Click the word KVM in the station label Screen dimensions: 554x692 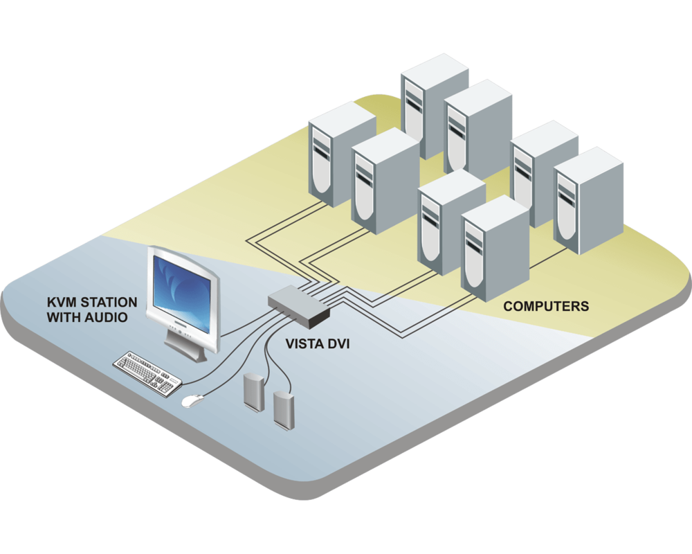(x=60, y=303)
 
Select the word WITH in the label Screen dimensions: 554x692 (x=64, y=318)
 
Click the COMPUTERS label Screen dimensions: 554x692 (x=546, y=305)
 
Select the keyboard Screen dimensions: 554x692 (x=146, y=372)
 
